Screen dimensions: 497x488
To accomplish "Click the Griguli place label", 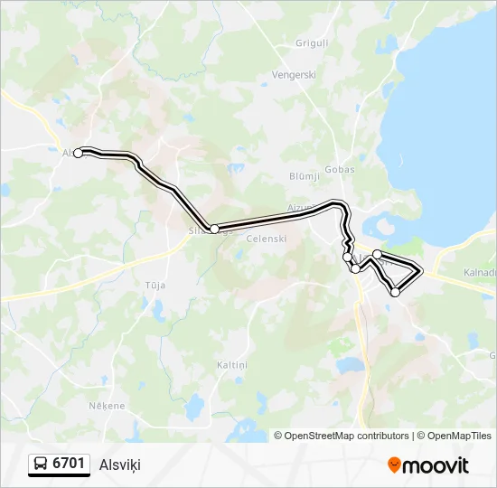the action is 312,43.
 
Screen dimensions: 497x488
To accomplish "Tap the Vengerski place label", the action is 295,75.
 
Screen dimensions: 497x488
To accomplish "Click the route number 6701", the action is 69,464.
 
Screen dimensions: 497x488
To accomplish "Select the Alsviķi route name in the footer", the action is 120,465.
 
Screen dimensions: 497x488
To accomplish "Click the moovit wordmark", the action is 436,465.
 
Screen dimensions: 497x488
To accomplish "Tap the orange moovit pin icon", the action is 394,465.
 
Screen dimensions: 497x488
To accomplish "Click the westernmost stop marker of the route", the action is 78,154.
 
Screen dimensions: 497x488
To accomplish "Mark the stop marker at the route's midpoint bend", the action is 214,230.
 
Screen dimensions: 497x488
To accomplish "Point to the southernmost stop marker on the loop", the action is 395,292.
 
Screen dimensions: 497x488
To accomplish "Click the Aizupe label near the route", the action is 301,208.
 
